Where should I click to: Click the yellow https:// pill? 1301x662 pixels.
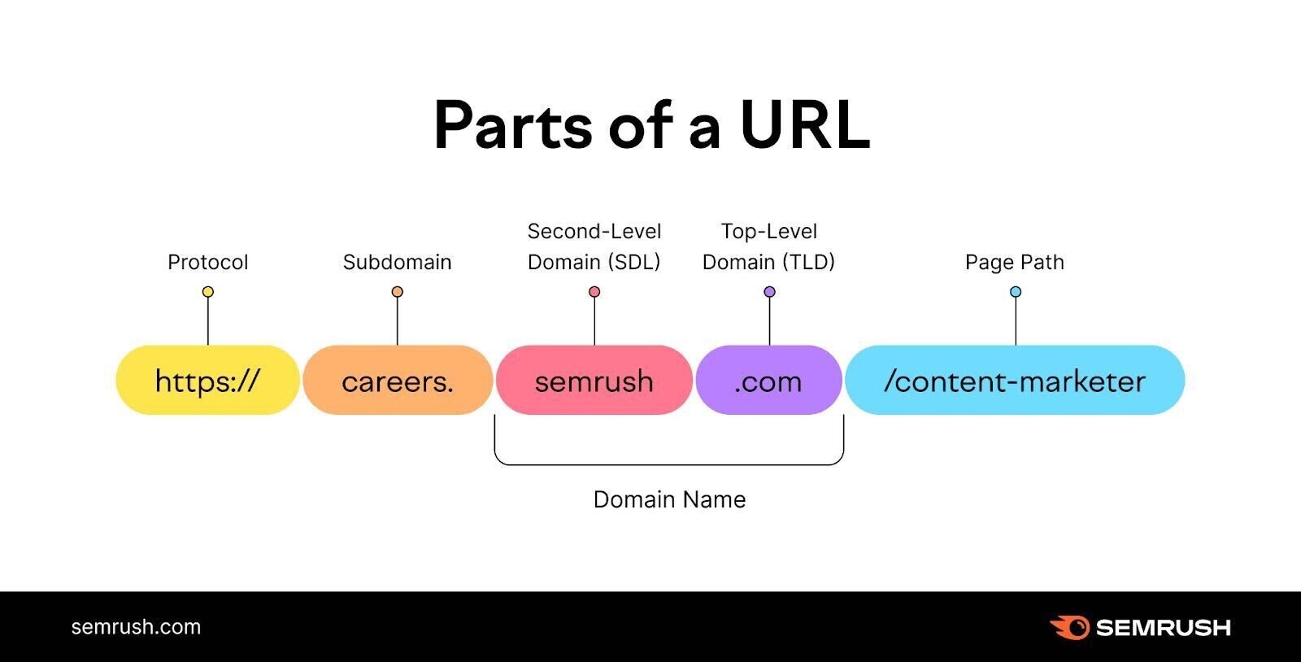point(207,381)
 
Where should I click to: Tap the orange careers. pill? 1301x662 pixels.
point(398,381)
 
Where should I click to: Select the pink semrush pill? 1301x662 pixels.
point(594,381)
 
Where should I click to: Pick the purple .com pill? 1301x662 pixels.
point(768,381)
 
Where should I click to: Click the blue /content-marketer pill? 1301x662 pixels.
point(1015,381)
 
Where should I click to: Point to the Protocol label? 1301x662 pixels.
point(207,262)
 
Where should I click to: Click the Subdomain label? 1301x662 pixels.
point(397,262)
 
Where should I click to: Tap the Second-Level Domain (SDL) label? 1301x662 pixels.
point(594,246)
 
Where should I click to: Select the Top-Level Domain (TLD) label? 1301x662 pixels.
point(768,246)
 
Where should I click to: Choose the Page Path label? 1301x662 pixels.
point(1015,262)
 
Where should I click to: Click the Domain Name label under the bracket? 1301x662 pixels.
point(669,499)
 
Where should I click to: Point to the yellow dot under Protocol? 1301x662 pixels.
point(208,292)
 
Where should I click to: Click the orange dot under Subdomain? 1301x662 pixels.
point(397,292)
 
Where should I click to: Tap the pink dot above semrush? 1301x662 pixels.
point(594,292)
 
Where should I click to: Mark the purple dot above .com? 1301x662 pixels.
point(769,292)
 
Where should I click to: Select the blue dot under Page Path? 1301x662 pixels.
point(1016,292)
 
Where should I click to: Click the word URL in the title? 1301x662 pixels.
point(804,126)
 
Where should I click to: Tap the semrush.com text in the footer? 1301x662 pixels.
point(136,627)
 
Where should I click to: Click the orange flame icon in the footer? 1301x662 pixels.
point(1069,627)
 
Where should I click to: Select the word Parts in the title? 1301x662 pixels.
point(512,126)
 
